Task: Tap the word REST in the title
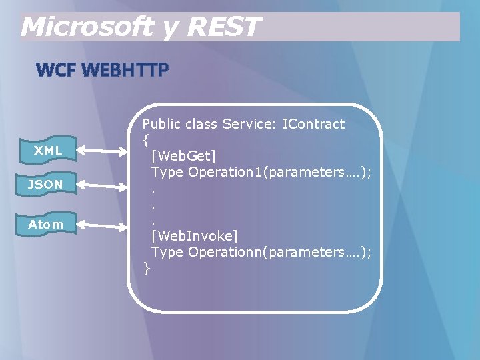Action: (x=223, y=27)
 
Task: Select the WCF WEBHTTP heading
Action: (x=102, y=70)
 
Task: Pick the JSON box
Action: (x=45, y=184)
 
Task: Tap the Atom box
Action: (x=45, y=225)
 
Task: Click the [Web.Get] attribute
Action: (x=183, y=156)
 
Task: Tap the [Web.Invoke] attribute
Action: (x=194, y=236)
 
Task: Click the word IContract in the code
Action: (x=313, y=124)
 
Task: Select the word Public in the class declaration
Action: (x=162, y=124)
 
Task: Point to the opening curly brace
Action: (x=146, y=140)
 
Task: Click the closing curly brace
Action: (x=147, y=268)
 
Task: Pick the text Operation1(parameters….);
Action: (x=280, y=172)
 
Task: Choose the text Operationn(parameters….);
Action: (x=280, y=252)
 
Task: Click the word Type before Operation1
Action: (x=167, y=172)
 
